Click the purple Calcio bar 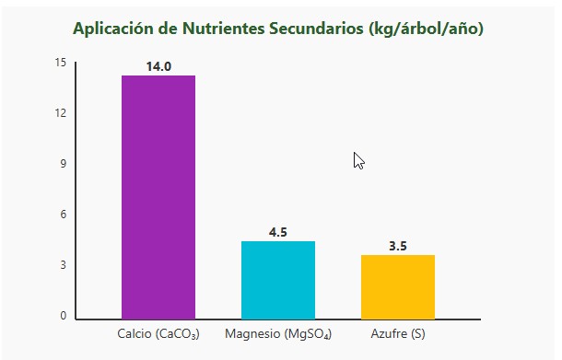(158, 197)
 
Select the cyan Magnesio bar (278, 280)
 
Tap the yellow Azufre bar (398, 286)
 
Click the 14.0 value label (158, 66)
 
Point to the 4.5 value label (278, 232)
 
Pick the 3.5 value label (398, 246)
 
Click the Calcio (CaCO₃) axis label (158, 332)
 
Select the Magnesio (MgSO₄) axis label (278, 332)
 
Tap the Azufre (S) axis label (398, 332)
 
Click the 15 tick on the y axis (61, 63)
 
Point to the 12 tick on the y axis (61, 113)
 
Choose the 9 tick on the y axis (64, 164)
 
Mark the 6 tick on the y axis (64, 215)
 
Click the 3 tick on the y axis (64, 265)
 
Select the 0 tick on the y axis (64, 316)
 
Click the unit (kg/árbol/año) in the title (426, 29)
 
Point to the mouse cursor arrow (358, 160)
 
